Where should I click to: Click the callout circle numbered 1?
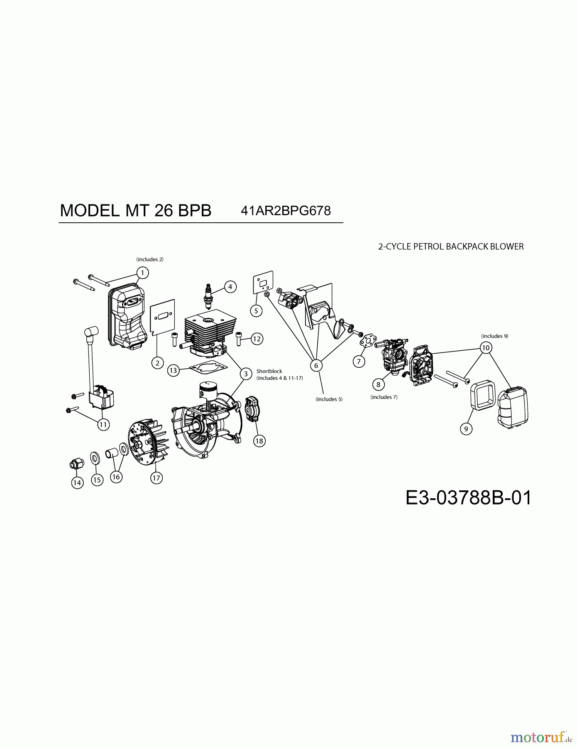(x=142, y=273)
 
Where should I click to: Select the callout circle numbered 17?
(x=156, y=478)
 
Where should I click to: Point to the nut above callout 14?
(x=77, y=463)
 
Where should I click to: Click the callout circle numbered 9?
(x=466, y=428)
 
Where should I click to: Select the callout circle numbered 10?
(x=486, y=347)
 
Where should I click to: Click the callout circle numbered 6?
(x=316, y=365)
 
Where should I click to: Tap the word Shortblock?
(x=269, y=371)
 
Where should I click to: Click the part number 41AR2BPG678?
(x=286, y=211)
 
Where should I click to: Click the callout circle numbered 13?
(x=173, y=370)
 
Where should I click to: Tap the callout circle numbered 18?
(x=259, y=441)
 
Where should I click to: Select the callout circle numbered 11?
(x=103, y=424)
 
